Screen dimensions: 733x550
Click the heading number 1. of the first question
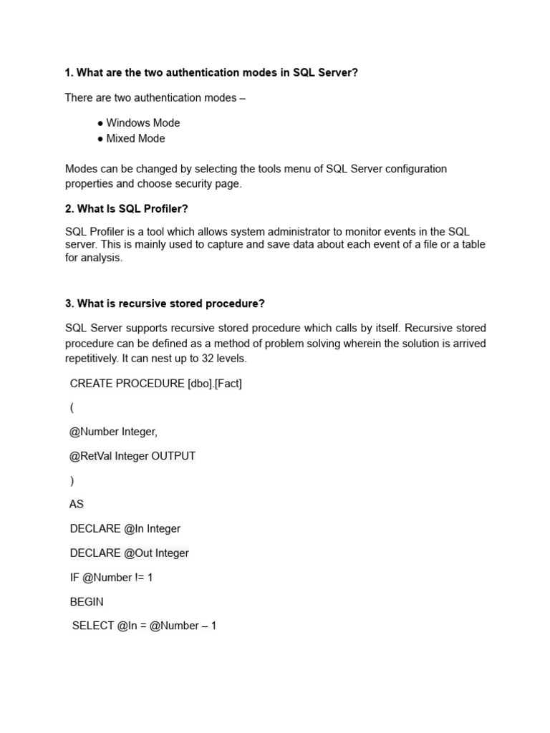[69, 73]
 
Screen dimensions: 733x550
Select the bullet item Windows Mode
[143, 123]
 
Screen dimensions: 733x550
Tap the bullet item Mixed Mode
[135, 139]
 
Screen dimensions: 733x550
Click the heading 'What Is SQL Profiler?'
[132, 209]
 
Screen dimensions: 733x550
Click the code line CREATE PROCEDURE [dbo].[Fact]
[155, 384]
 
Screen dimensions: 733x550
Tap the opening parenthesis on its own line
[72, 408]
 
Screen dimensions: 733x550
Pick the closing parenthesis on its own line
[72, 481]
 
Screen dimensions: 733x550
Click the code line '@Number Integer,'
[113, 432]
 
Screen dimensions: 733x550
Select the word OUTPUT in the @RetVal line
[173, 457]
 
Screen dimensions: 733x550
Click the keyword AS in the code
[77, 505]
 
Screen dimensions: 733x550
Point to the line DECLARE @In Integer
[125, 529]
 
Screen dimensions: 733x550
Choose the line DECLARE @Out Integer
[129, 553]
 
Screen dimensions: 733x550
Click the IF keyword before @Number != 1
[74, 578]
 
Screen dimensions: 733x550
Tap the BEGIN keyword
[87, 602]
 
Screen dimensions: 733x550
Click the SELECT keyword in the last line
[93, 626]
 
